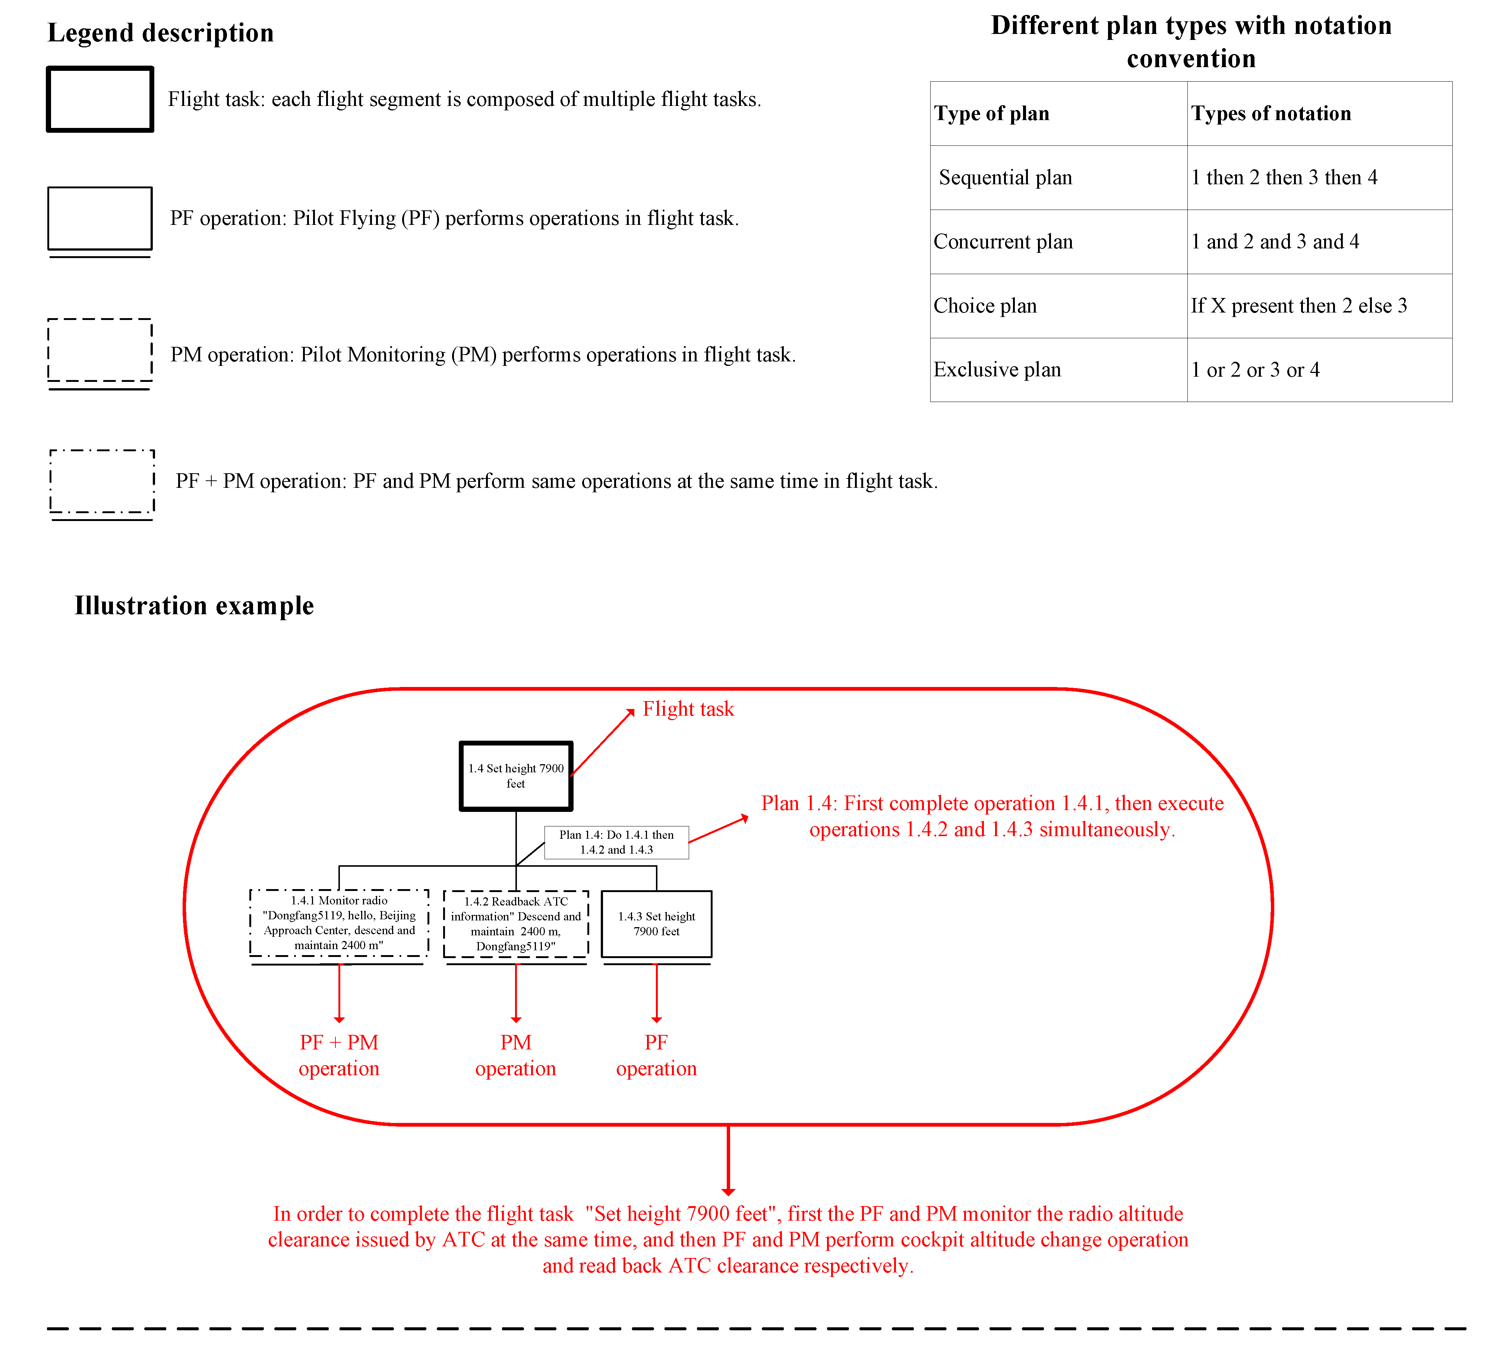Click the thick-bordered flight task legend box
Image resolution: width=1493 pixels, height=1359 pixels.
click(100, 99)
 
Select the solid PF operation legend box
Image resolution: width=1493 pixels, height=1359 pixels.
click(100, 219)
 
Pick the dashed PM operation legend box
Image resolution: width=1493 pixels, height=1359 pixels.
click(100, 351)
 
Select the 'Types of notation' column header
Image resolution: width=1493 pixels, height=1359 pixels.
click(1271, 113)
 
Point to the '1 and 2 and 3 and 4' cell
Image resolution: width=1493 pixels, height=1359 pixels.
click(1275, 242)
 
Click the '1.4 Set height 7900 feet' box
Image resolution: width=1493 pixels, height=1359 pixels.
click(516, 776)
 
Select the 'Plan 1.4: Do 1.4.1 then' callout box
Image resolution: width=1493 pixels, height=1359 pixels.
click(616, 842)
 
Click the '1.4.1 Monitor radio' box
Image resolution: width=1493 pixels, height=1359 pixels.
click(339, 923)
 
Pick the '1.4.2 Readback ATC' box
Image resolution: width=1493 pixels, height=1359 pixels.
click(516, 924)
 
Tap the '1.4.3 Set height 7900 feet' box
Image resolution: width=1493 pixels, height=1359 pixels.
click(656, 924)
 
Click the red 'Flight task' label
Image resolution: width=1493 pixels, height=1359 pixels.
click(688, 709)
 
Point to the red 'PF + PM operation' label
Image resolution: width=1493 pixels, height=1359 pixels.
click(339, 1055)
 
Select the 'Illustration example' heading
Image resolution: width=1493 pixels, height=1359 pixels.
click(194, 605)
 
